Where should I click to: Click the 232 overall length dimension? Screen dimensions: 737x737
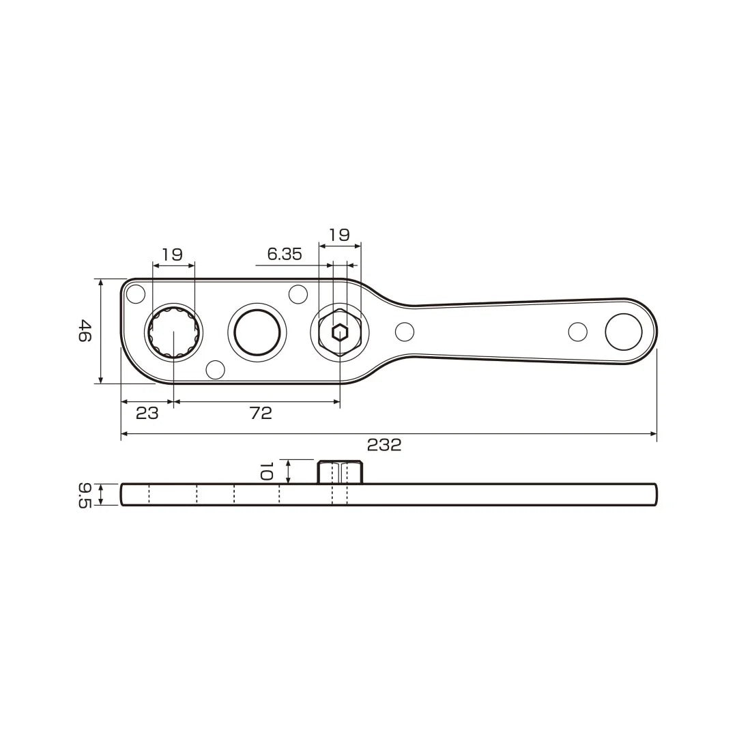click(384, 445)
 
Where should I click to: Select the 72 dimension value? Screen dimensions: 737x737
click(261, 413)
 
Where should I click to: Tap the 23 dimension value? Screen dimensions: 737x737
click(147, 413)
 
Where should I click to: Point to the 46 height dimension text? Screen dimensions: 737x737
click(84, 331)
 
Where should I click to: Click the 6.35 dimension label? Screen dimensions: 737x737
click(285, 255)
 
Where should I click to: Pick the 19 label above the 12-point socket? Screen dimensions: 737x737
click(172, 255)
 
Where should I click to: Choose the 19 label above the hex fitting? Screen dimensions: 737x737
click(339, 235)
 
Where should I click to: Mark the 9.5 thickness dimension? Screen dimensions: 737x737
click(85, 494)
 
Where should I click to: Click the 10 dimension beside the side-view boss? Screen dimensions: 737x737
click(267, 471)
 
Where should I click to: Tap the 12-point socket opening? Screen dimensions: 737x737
click(174, 332)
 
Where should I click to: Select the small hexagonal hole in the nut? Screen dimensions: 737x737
click(340, 332)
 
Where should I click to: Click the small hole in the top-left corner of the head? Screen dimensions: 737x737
click(136, 294)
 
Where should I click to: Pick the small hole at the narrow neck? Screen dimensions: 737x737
click(405, 332)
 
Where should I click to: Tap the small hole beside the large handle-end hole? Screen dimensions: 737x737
click(578, 332)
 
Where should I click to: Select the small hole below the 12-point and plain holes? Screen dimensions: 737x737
click(216, 369)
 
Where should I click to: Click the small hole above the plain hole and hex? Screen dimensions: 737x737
click(298, 294)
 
